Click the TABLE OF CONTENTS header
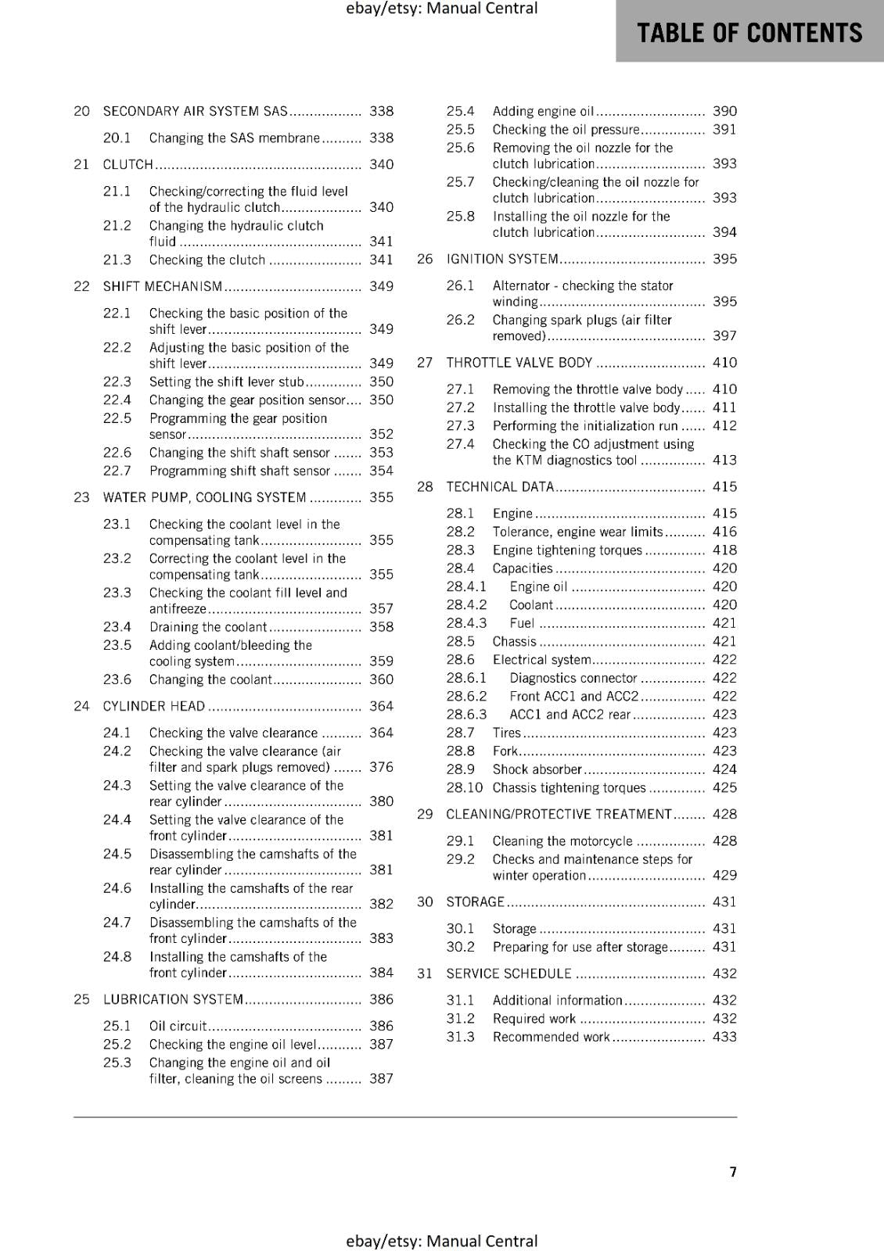click(x=749, y=33)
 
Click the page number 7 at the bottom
click(x=733, y=1171)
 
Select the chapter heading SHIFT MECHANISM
click(x=163, y=286)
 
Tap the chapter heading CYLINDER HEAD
click(x=154, y=706)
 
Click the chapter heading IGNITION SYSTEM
click(x=502, y=259)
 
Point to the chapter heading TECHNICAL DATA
click(x=500, y=486)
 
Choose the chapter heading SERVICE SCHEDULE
click(x=508, y=973)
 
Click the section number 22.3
click(x=117, y=382)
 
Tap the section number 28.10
click(x=464, y=787)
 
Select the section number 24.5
click(x=117, y=854)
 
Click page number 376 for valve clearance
click(x=381, y=767)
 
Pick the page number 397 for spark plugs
click(x=724, y=335)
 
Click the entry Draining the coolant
click(x=208, y=627)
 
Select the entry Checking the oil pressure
click(x=566, y=130)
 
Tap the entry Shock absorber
click(x=537, y=769)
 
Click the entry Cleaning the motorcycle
click(x=562, y=841)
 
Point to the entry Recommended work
click(x=551, y=1037)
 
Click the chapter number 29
click(x=425, y=814)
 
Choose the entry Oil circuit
click(x=178, y=1026)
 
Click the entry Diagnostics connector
click(x=573, y=678)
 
